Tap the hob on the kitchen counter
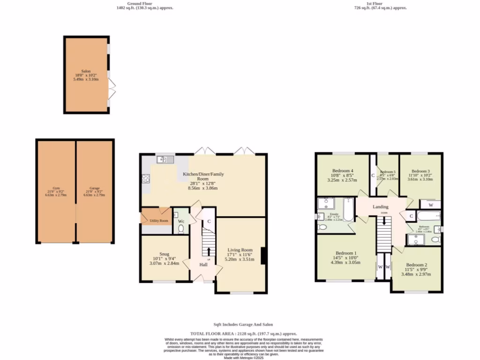coord(145,178)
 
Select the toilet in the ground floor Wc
coord(181,229)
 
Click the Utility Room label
coord(159,220)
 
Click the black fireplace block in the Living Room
coord(264,255)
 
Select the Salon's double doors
coord(112,89)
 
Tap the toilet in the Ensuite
coord(322,227)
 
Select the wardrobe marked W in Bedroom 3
coord(430,205)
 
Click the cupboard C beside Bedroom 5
coord(373,176)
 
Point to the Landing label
coord(381,207)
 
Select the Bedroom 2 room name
coord(416,264)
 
